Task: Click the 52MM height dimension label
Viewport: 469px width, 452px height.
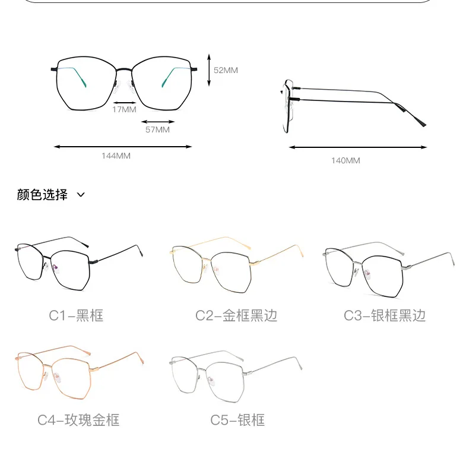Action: pyautogui.click(x=226, y=70)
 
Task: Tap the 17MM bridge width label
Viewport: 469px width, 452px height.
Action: pyautogui.click(x=125, y=109)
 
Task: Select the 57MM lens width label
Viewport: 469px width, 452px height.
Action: pyautogui.click(x=157, y=129)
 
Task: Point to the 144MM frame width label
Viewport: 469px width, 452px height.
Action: pyautogui.click(x=116, y=156)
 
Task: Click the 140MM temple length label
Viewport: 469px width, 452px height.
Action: pyautogui.click(x=346, y=160)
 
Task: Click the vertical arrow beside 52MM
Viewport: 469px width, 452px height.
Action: pyautogui.click(x=208, y=69)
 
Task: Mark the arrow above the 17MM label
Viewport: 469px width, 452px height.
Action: pyautogui.click(x=124, y=102)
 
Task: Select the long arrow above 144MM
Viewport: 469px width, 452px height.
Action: pyautogui.click(x=123, y=147)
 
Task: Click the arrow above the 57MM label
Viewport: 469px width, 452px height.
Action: pyautogui.click(x=157, y=122)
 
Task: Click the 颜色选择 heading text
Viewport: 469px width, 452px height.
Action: pyautogui.click(x=42, y=194)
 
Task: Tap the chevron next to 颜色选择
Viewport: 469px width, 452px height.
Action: pyautogui.click(x=81, y=195)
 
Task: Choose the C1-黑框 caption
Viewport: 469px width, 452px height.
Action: pyautogui.click(x=76, y=315)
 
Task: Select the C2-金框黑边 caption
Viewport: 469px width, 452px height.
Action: pyautogui.click(x=236, y=315)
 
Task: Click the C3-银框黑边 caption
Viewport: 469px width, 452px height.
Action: pyautogui.click(x=385, y=315)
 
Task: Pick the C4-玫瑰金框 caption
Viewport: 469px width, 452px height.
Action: pyautogui.click(x=78, y=420)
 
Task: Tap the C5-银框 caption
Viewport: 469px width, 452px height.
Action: pyautogui.click(x=237, y=420)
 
